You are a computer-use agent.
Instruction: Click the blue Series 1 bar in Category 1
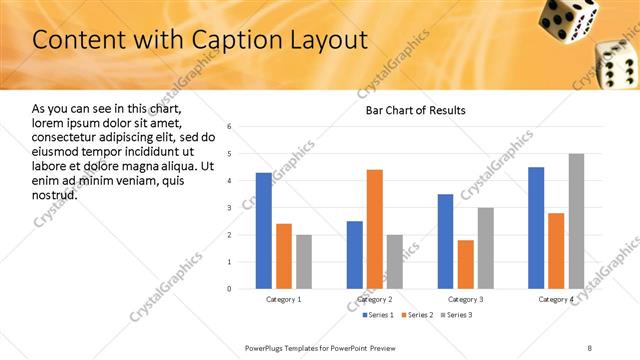(x=264, y=231)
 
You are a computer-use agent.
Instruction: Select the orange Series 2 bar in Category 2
(x=375, y=229)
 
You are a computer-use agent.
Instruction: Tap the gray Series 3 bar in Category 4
(x=576, y=221)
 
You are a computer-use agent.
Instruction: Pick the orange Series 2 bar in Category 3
(x=465, y=264)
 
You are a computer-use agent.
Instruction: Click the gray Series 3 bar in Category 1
(x=304, y=262)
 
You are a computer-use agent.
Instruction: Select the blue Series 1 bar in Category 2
(x=355, y=255)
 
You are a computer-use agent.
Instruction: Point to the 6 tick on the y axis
(x=230, y=127)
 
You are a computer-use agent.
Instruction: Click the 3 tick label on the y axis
(x=230, y=208)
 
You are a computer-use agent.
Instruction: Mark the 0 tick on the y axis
(x=230, y=289)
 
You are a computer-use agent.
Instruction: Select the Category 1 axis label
(x=284, y=299)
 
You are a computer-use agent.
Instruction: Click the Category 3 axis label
(x=465, y=299)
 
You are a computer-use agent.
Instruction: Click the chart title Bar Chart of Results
(x=410, y=109)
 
